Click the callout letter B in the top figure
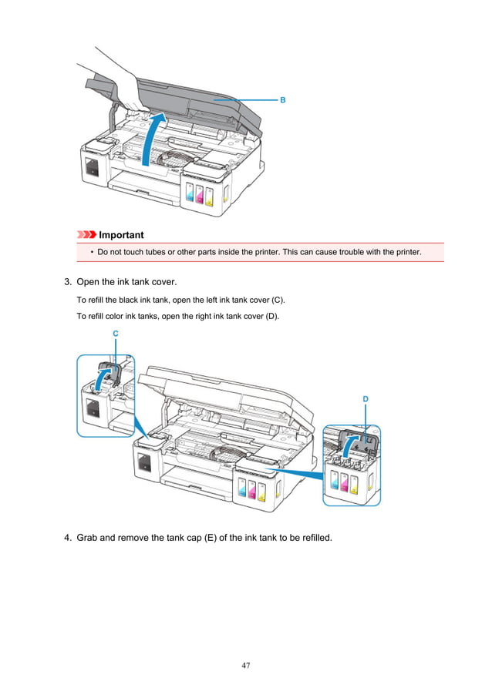pyautogui.click(x=282, y=100)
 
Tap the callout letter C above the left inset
pyautogui.click(x=115, y=333)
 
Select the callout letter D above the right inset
pyautogui.click(x=365, y=398)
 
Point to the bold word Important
pyautogui.click(x=121, y=234)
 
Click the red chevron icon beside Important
pyautogui.click(x=86, y=234)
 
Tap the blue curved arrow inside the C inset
pyautogui.click(x=101, y=377)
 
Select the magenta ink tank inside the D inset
pyautogui.click(x=343, y=482)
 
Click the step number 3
pyautogui.click(x=68, y=283)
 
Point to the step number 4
pyautogui.click(x=68, y=537)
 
